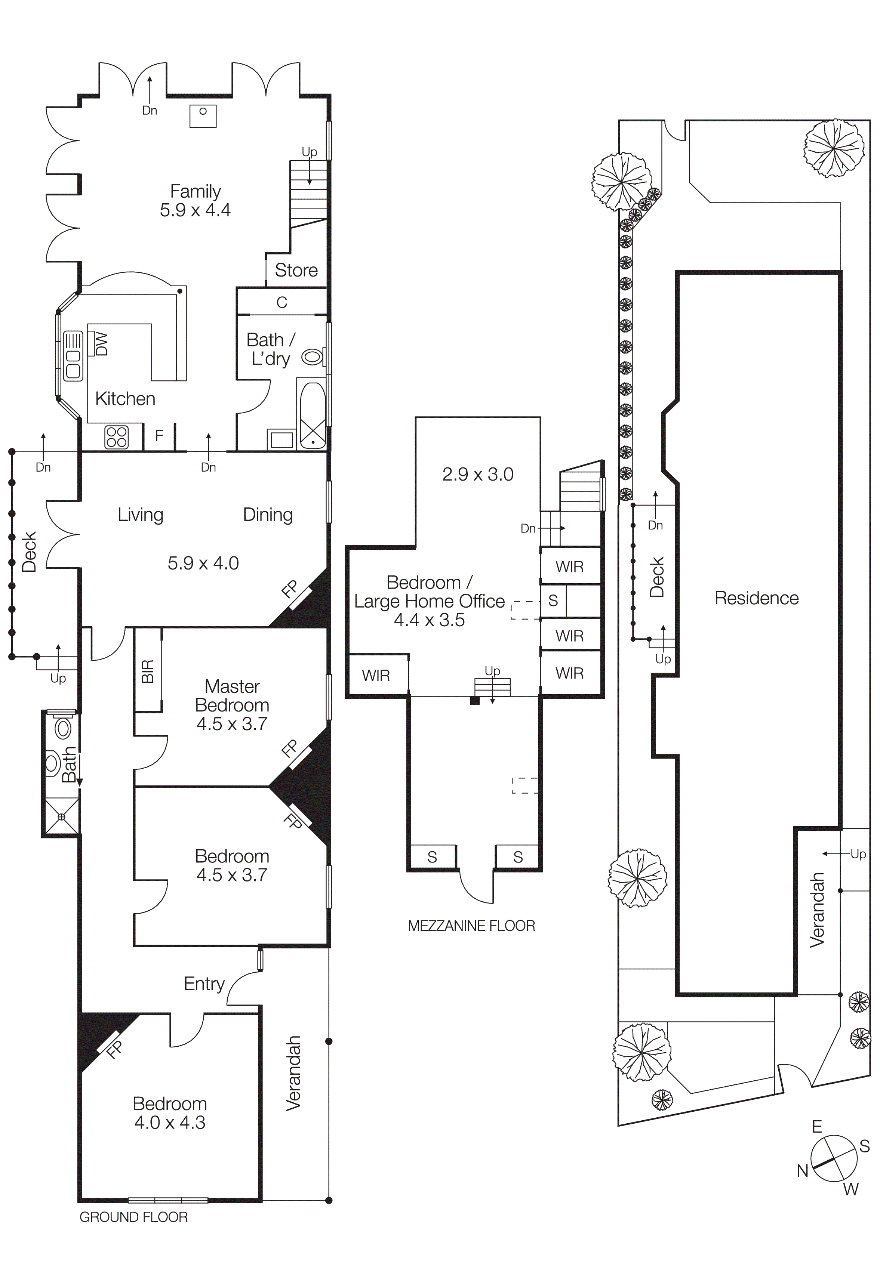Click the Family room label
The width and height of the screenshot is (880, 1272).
195,191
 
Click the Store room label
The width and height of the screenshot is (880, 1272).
296,271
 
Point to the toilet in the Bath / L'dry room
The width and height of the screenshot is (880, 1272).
313,357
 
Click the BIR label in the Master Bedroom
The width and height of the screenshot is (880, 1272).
148,671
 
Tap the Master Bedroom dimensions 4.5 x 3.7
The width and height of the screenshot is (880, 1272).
232,724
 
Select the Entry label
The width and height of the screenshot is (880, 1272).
204,984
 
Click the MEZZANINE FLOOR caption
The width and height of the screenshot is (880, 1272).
471,926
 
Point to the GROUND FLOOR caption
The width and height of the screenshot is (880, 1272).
133,1217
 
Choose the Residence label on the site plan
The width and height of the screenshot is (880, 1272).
757,598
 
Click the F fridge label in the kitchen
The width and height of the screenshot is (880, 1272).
159,436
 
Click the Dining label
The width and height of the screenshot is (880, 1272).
268,515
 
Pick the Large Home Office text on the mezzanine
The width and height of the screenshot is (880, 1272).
429,601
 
